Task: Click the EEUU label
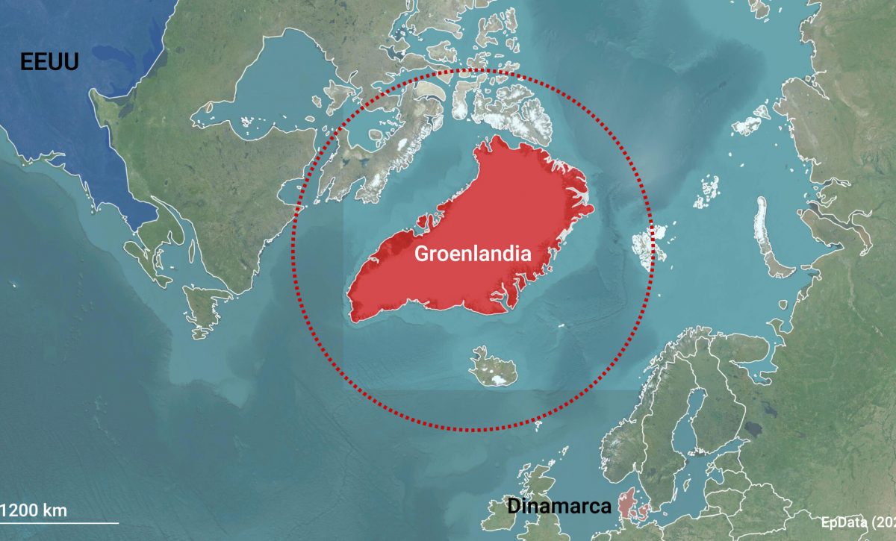pyautogui.click(x=49, y=61)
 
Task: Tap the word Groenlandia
pyautogui.click(x=473, y=253)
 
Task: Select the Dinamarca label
pyautogui.click(x=559, y=506)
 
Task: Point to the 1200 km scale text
pyautogui.click(x=34, y=511)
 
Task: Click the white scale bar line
pyautogui.click(x=60, y=523)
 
